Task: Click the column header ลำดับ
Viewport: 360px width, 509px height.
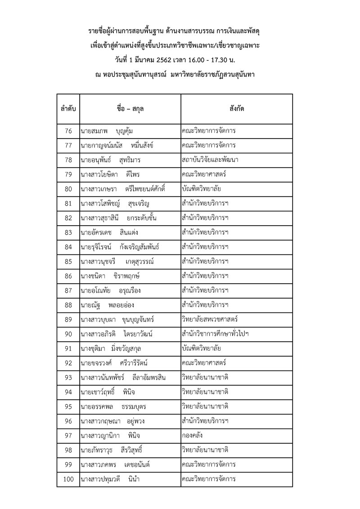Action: point(68,109)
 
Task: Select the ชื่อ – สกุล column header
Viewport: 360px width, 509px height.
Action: point(130,109)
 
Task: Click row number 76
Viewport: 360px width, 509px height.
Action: point(68,131)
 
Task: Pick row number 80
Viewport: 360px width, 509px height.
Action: point(68,189)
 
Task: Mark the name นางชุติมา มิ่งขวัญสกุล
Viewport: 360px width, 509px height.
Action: point(113,348)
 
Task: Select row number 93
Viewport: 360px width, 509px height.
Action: point(68,377)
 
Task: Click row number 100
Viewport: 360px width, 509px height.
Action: point(68,479)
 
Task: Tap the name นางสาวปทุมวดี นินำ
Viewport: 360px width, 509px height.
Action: point(110,479)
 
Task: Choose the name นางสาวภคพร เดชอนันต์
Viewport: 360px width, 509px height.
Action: point(114,464)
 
